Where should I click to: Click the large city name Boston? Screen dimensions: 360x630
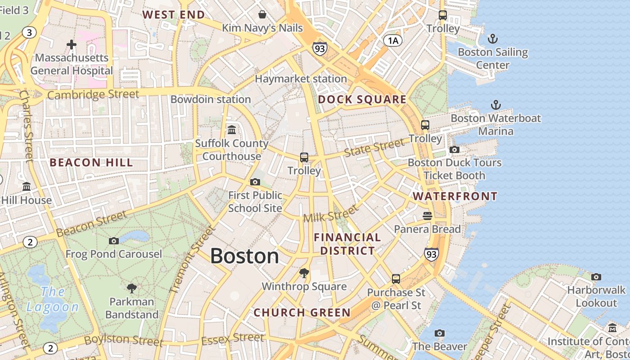click(244, 256)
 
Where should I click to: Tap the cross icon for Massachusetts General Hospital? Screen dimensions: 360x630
click(72, 45)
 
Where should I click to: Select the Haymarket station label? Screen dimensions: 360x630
click(301, 79)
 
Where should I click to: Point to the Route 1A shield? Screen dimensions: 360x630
click(392, 41)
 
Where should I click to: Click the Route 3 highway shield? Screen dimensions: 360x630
click(30, 32)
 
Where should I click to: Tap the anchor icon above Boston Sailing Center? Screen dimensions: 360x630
click(493, 39)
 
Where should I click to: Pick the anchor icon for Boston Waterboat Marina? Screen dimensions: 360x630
click(495, 105)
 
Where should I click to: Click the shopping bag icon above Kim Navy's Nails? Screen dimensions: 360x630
click(262, 15)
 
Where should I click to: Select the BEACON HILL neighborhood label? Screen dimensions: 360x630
click(91, 162)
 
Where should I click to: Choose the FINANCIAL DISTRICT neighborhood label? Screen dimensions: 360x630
click(347, 244)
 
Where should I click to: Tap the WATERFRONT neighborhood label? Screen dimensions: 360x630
click(455, 196)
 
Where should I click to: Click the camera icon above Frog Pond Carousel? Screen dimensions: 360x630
click(114, 241)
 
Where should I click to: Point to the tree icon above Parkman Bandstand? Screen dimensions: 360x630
click(132, 288)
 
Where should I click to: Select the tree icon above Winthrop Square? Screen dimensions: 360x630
click(304, 273)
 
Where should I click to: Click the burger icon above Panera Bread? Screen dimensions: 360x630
click(427, 216)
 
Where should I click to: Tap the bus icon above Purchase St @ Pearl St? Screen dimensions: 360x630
click(396, 279)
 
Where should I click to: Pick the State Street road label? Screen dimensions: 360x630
click(374, 148)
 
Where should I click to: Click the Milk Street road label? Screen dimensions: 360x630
click(331, 214)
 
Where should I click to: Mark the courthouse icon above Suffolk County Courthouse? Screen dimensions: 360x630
click(232, 130)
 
